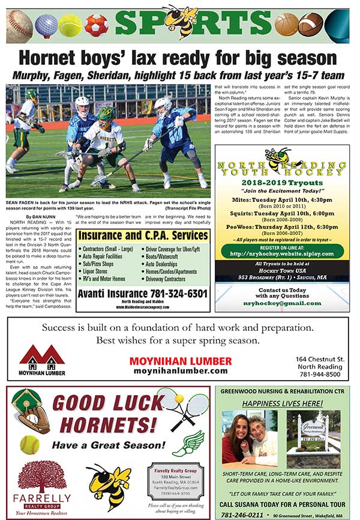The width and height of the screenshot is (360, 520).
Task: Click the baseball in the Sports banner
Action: click(x=20, y=25)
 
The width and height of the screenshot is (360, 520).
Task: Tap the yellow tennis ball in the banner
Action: click(x=70, y=26)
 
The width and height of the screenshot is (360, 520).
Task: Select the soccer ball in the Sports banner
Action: click(x=95, y=25)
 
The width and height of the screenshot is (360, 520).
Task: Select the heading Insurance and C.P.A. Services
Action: click(x=143, y=235)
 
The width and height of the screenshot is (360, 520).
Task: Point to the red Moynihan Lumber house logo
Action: click(x=42, y=358)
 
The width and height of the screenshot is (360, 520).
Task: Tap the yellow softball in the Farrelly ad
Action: click(x=29, y=444)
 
